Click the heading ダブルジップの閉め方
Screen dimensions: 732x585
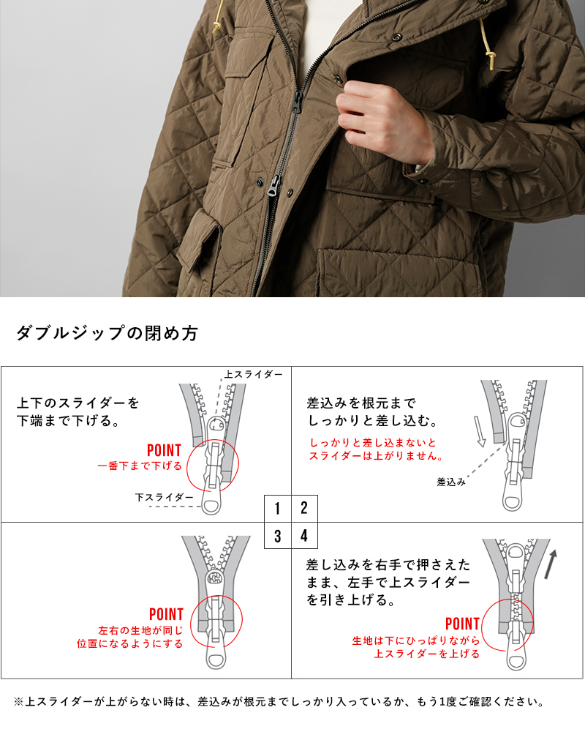(x=107, y=334)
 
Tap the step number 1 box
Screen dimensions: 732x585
(x=278, y=508)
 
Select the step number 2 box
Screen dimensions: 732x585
(x=304, y=508)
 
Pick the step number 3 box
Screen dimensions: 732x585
(x=278, y=535)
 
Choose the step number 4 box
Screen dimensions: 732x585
(x=304, y=535)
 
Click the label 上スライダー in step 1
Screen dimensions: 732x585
(x=253, y=374)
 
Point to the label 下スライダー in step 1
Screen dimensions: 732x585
(x=165, y=497)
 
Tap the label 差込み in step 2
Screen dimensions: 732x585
(x=451, y=482)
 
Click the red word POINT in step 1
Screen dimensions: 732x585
(x=164, y=450)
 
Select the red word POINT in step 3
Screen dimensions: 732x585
(x=166, y=614)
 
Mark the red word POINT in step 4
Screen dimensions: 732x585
(x=462, y=624)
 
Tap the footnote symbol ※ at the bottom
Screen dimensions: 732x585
(x=19, y=702)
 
